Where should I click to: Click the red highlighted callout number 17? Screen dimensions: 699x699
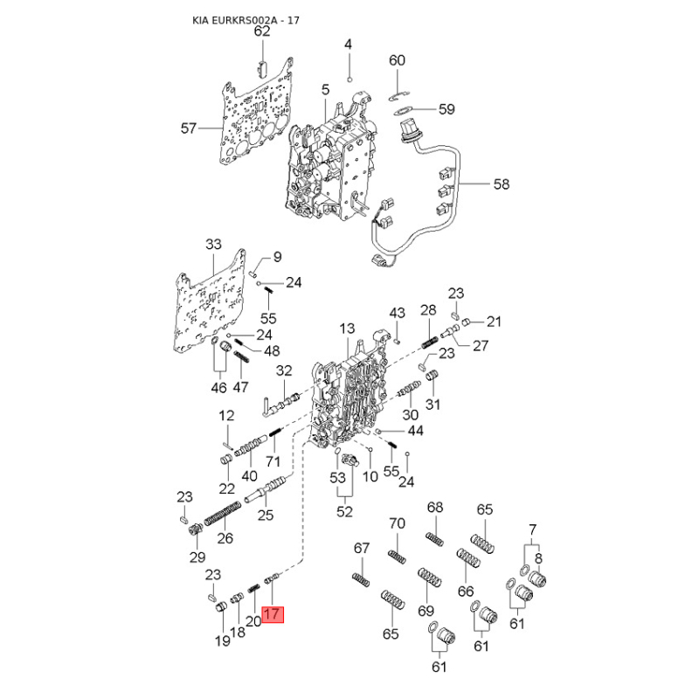tap(273, 614)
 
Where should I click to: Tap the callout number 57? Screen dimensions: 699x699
tap(189, 128)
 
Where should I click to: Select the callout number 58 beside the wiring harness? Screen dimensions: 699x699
tap(502, 183)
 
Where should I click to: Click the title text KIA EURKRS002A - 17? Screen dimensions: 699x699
tap(246, 20)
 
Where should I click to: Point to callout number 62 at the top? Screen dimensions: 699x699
tap(262, 31)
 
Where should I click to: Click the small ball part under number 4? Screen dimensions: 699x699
tap(350, 80)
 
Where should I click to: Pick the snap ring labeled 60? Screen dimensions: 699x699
tap(398, 96)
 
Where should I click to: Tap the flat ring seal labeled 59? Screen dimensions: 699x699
tap(404, 110)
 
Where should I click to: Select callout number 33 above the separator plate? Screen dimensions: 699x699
tap(213, 244)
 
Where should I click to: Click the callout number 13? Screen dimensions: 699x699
tap(347, 329)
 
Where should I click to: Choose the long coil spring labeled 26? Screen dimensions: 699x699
tap(223, 514)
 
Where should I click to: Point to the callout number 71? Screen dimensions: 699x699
tap(273, 461)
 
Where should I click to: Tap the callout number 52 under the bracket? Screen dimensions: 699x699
tap(344, 511)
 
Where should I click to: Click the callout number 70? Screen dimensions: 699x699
tap(397, 523)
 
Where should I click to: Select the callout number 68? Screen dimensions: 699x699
tap(435, 507)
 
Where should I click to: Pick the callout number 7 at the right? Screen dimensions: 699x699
tap(533, 529)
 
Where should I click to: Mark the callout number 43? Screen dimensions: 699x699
tap(398, 313)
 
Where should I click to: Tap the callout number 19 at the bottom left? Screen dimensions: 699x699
tap(223, 640)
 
